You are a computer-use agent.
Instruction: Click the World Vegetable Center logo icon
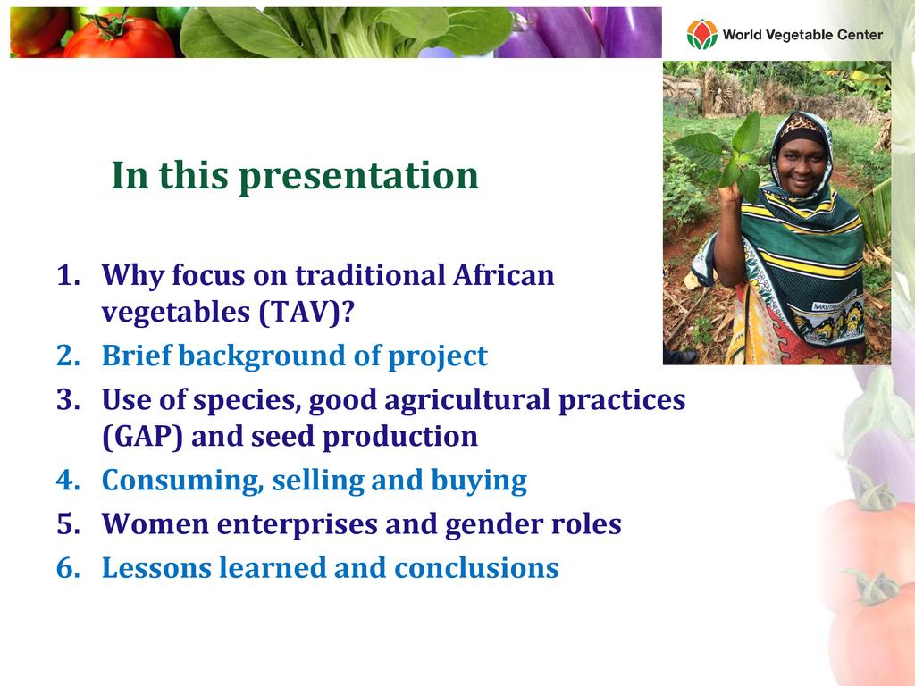pos(702,34)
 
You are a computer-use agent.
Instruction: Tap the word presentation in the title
pos(359,176)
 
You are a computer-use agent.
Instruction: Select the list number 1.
pos(68,275)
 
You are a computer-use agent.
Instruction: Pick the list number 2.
pos(68,356)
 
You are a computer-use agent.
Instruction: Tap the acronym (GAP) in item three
pos(142,436)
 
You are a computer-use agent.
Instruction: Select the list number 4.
pos(68,480)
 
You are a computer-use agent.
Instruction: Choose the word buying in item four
pos(479,481)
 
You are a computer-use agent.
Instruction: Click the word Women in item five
pos(155,523)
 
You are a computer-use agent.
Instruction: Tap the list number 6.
pos(68,567)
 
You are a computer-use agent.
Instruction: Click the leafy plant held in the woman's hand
pos(722,155)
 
